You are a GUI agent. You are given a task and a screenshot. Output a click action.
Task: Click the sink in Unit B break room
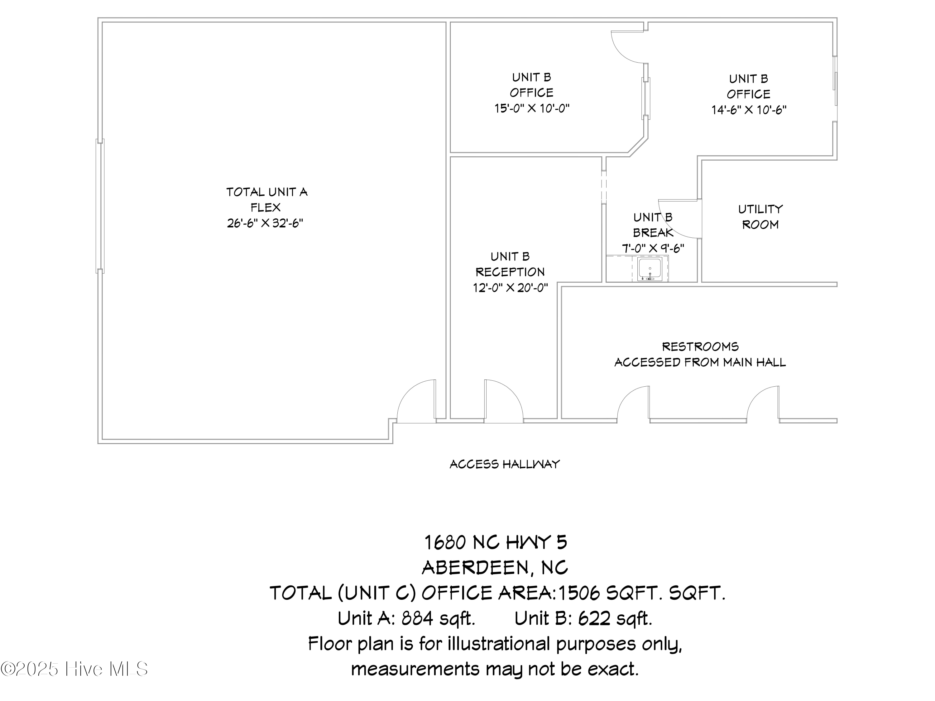tap(650, 269)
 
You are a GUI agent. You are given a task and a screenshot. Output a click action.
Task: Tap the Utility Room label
tap(760, 217)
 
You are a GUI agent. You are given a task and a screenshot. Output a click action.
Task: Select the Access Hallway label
tap(505, 465)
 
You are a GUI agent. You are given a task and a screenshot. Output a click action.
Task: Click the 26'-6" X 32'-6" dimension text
tap(265, 223)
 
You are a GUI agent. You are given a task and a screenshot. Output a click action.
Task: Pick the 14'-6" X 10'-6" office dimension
tap(749, 110)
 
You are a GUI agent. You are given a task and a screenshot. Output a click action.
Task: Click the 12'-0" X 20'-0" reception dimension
tap(510, 288)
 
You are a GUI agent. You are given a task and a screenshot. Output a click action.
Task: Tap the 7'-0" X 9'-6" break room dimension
tap(653, 248)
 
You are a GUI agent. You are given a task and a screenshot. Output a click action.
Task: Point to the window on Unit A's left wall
tap(100, 206)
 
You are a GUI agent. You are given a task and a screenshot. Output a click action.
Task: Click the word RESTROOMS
tap(700, 347)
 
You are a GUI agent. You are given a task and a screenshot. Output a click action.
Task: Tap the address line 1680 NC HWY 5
tap(496, 542)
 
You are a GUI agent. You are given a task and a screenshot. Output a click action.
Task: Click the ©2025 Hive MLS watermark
tap(74, 669)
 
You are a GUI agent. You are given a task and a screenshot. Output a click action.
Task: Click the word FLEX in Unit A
tap(266, 207)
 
